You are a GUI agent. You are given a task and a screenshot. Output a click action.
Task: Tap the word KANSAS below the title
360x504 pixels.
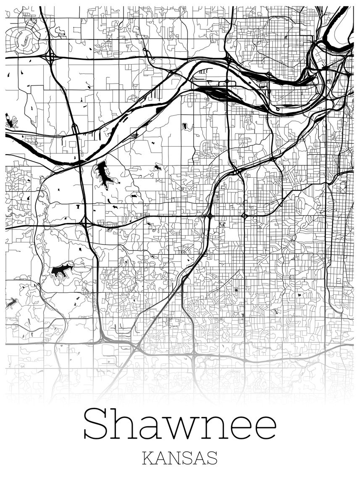pyautogui.click(x=180, y=458)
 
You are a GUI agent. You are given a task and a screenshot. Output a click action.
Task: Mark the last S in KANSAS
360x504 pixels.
pyautogui.click(x=212, y=458)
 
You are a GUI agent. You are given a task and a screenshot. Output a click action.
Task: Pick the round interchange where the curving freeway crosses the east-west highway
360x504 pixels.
pyautogui.click(x=209, y=216)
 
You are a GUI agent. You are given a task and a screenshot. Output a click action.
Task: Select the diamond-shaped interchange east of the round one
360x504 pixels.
pyautogui.click(x=244, y=215)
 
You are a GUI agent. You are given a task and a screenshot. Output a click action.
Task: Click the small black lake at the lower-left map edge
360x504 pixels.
pyautogui.click(x=12, y=302)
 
